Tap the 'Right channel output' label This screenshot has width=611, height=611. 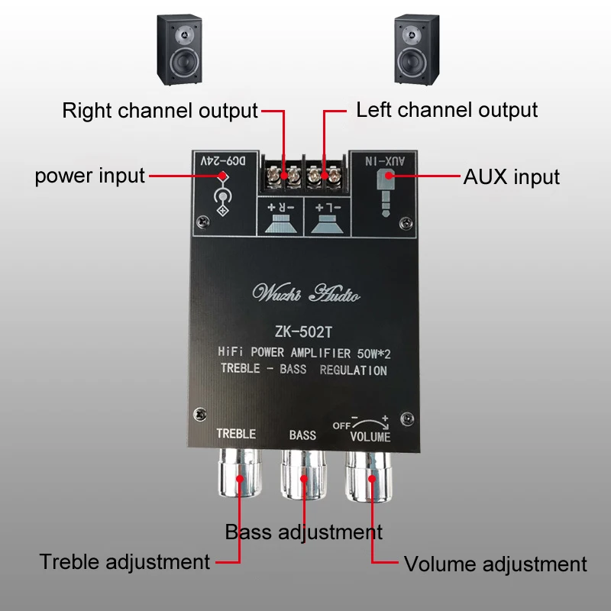tap(160, 110)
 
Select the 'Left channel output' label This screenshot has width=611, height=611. tap(447, 109)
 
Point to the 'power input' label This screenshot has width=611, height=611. tap(89, 176)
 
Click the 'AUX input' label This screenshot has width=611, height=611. tap(512, 177)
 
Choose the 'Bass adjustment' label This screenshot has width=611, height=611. tap(303, 532)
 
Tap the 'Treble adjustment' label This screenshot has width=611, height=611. tap(124, 562)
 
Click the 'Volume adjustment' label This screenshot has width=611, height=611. tap(495, 564)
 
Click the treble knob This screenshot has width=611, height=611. tap(238, 477)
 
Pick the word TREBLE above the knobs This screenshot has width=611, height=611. tap(236, 434)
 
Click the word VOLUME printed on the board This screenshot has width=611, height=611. tap(370, 437)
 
